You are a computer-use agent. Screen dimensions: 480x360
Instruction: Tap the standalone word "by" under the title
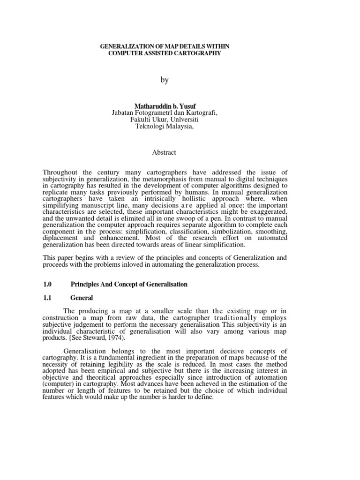click(164, 80)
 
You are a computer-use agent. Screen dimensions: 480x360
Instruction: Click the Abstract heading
click(164, 152)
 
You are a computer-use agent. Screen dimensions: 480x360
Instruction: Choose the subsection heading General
click(82, 298)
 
